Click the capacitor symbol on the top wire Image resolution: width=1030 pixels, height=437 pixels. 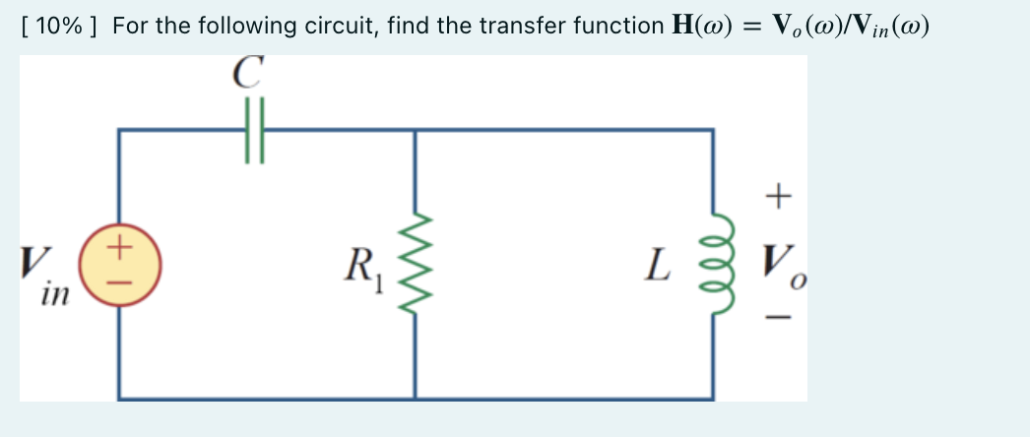(x=254, y=130)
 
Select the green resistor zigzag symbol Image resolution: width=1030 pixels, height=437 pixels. (x=415, y=264)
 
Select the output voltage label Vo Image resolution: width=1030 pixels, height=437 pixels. (x=779, y=264)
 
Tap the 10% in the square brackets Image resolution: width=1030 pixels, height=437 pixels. (x=58, y=26)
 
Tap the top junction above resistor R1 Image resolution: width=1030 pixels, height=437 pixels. (x=415, y=130)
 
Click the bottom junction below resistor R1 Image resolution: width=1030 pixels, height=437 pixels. (x=415, y=399)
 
